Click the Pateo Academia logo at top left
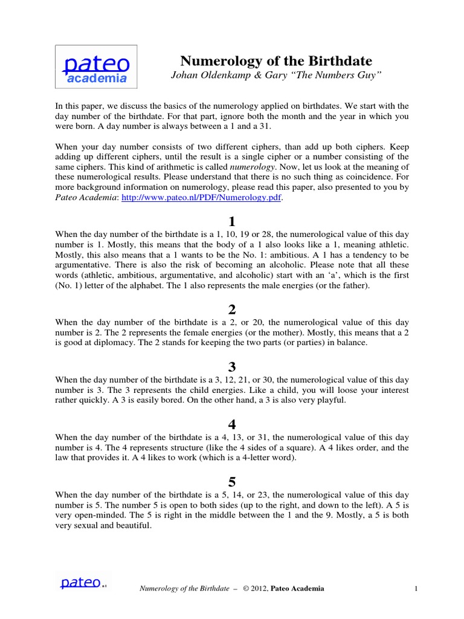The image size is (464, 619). [x=96, y=66]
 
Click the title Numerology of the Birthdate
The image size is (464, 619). [x=277, y=60]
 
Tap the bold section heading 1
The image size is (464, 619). [x=231, y=220]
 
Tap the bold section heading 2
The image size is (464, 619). [x=231, y=309]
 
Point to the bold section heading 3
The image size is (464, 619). [x=231, y=366]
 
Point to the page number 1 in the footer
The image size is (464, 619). [x=417, y=588]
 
